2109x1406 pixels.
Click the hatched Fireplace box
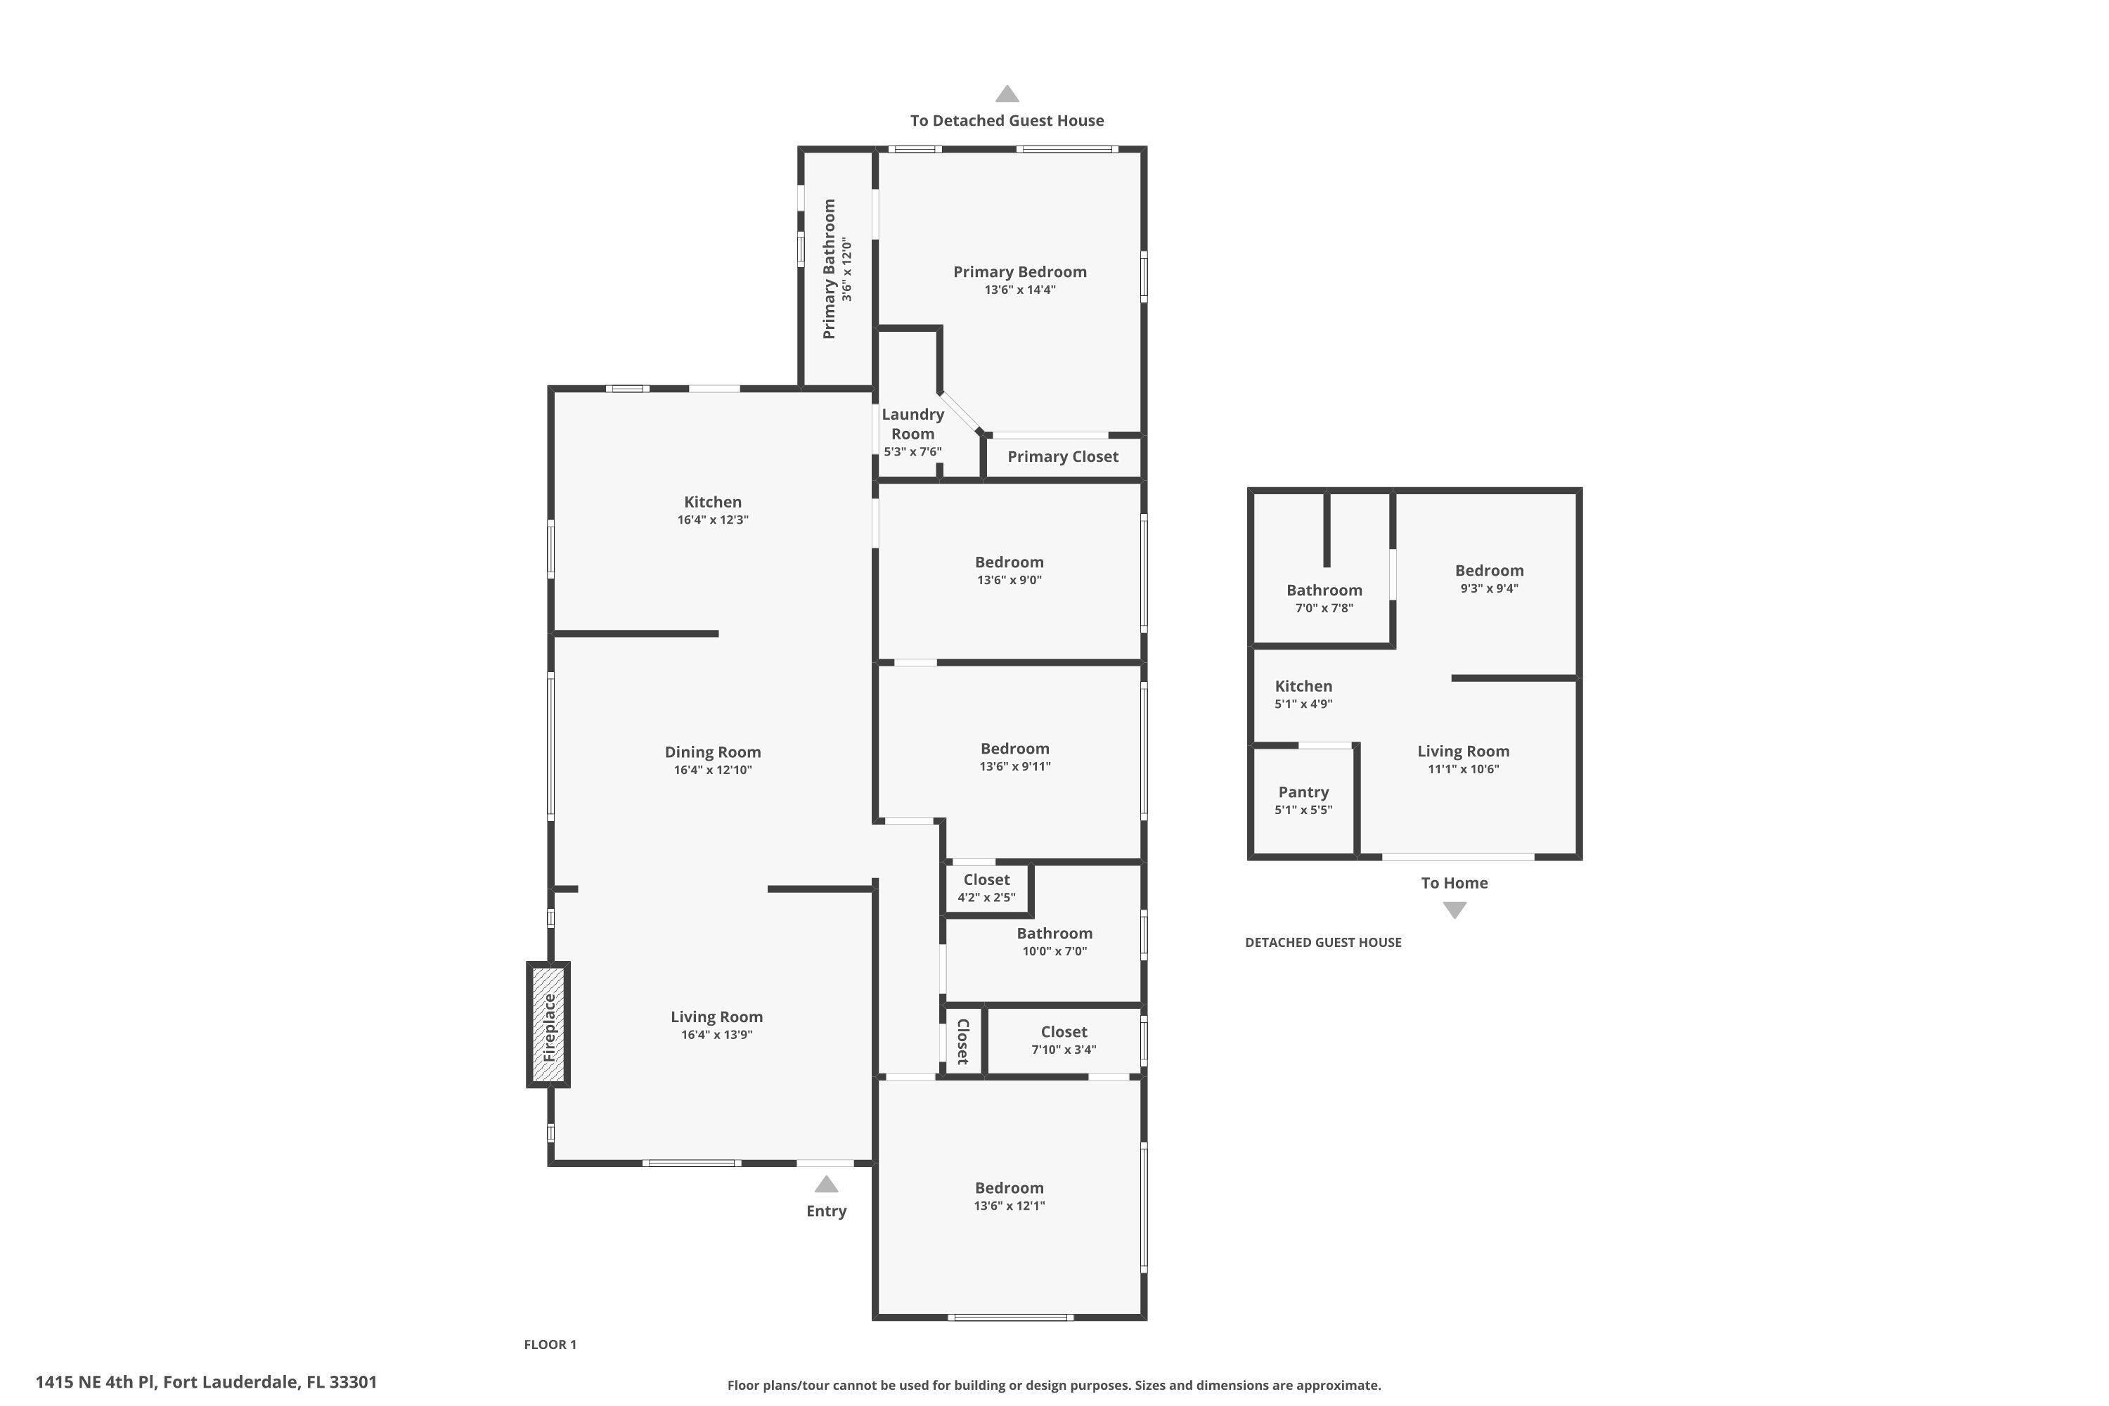548,1025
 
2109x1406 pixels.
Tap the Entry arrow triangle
826,1185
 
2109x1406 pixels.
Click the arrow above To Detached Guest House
1007,94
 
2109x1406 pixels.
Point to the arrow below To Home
1454,910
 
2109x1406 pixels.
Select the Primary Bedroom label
1019,271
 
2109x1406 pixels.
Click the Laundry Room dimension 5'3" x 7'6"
912,452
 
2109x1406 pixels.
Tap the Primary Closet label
1062,456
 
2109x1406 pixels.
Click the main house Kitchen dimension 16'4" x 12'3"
712,520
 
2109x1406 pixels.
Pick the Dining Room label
712,752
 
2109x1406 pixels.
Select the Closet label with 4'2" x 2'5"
986,879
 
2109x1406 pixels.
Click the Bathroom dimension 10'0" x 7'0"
1054,951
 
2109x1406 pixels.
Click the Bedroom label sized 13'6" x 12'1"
1009,1188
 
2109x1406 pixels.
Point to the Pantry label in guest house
1303,792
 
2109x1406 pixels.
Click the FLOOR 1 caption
550,1344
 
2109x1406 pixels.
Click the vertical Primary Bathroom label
829,269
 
